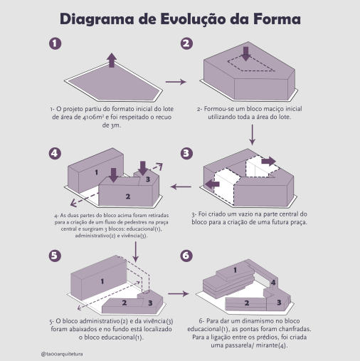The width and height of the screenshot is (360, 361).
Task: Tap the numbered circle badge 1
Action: tap(55, 43)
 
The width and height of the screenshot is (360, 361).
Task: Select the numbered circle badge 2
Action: tap(186, 43)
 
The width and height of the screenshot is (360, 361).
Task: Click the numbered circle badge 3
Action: tap(186, 153)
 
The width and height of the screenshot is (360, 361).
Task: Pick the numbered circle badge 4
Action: tap(55, 153)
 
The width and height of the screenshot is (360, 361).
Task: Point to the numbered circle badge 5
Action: tap(55, 256)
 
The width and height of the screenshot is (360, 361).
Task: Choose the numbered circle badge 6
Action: tap(186, 256)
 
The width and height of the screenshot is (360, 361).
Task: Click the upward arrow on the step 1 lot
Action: tap(112, 60)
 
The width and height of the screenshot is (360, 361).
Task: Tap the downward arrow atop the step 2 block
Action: tap(246, 53)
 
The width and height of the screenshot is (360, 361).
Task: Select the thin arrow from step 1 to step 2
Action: tap(176, 82)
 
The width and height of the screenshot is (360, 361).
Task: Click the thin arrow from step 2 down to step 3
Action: tap(253, 135)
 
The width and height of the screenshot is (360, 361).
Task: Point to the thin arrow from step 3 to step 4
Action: tap(181, 187)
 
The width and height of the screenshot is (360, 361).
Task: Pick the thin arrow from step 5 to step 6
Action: tap(179, 294)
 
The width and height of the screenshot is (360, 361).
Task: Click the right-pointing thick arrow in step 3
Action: tap(268, 162)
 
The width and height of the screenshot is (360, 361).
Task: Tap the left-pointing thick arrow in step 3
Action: tap(212, 184)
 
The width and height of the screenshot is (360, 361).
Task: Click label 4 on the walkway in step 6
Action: tap(273, 283)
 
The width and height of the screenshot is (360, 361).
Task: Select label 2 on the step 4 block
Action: tap(128, 197)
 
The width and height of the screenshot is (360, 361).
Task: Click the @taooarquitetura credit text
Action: tap(62, 354)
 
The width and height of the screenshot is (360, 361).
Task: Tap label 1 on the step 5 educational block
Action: tap(102, 281)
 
